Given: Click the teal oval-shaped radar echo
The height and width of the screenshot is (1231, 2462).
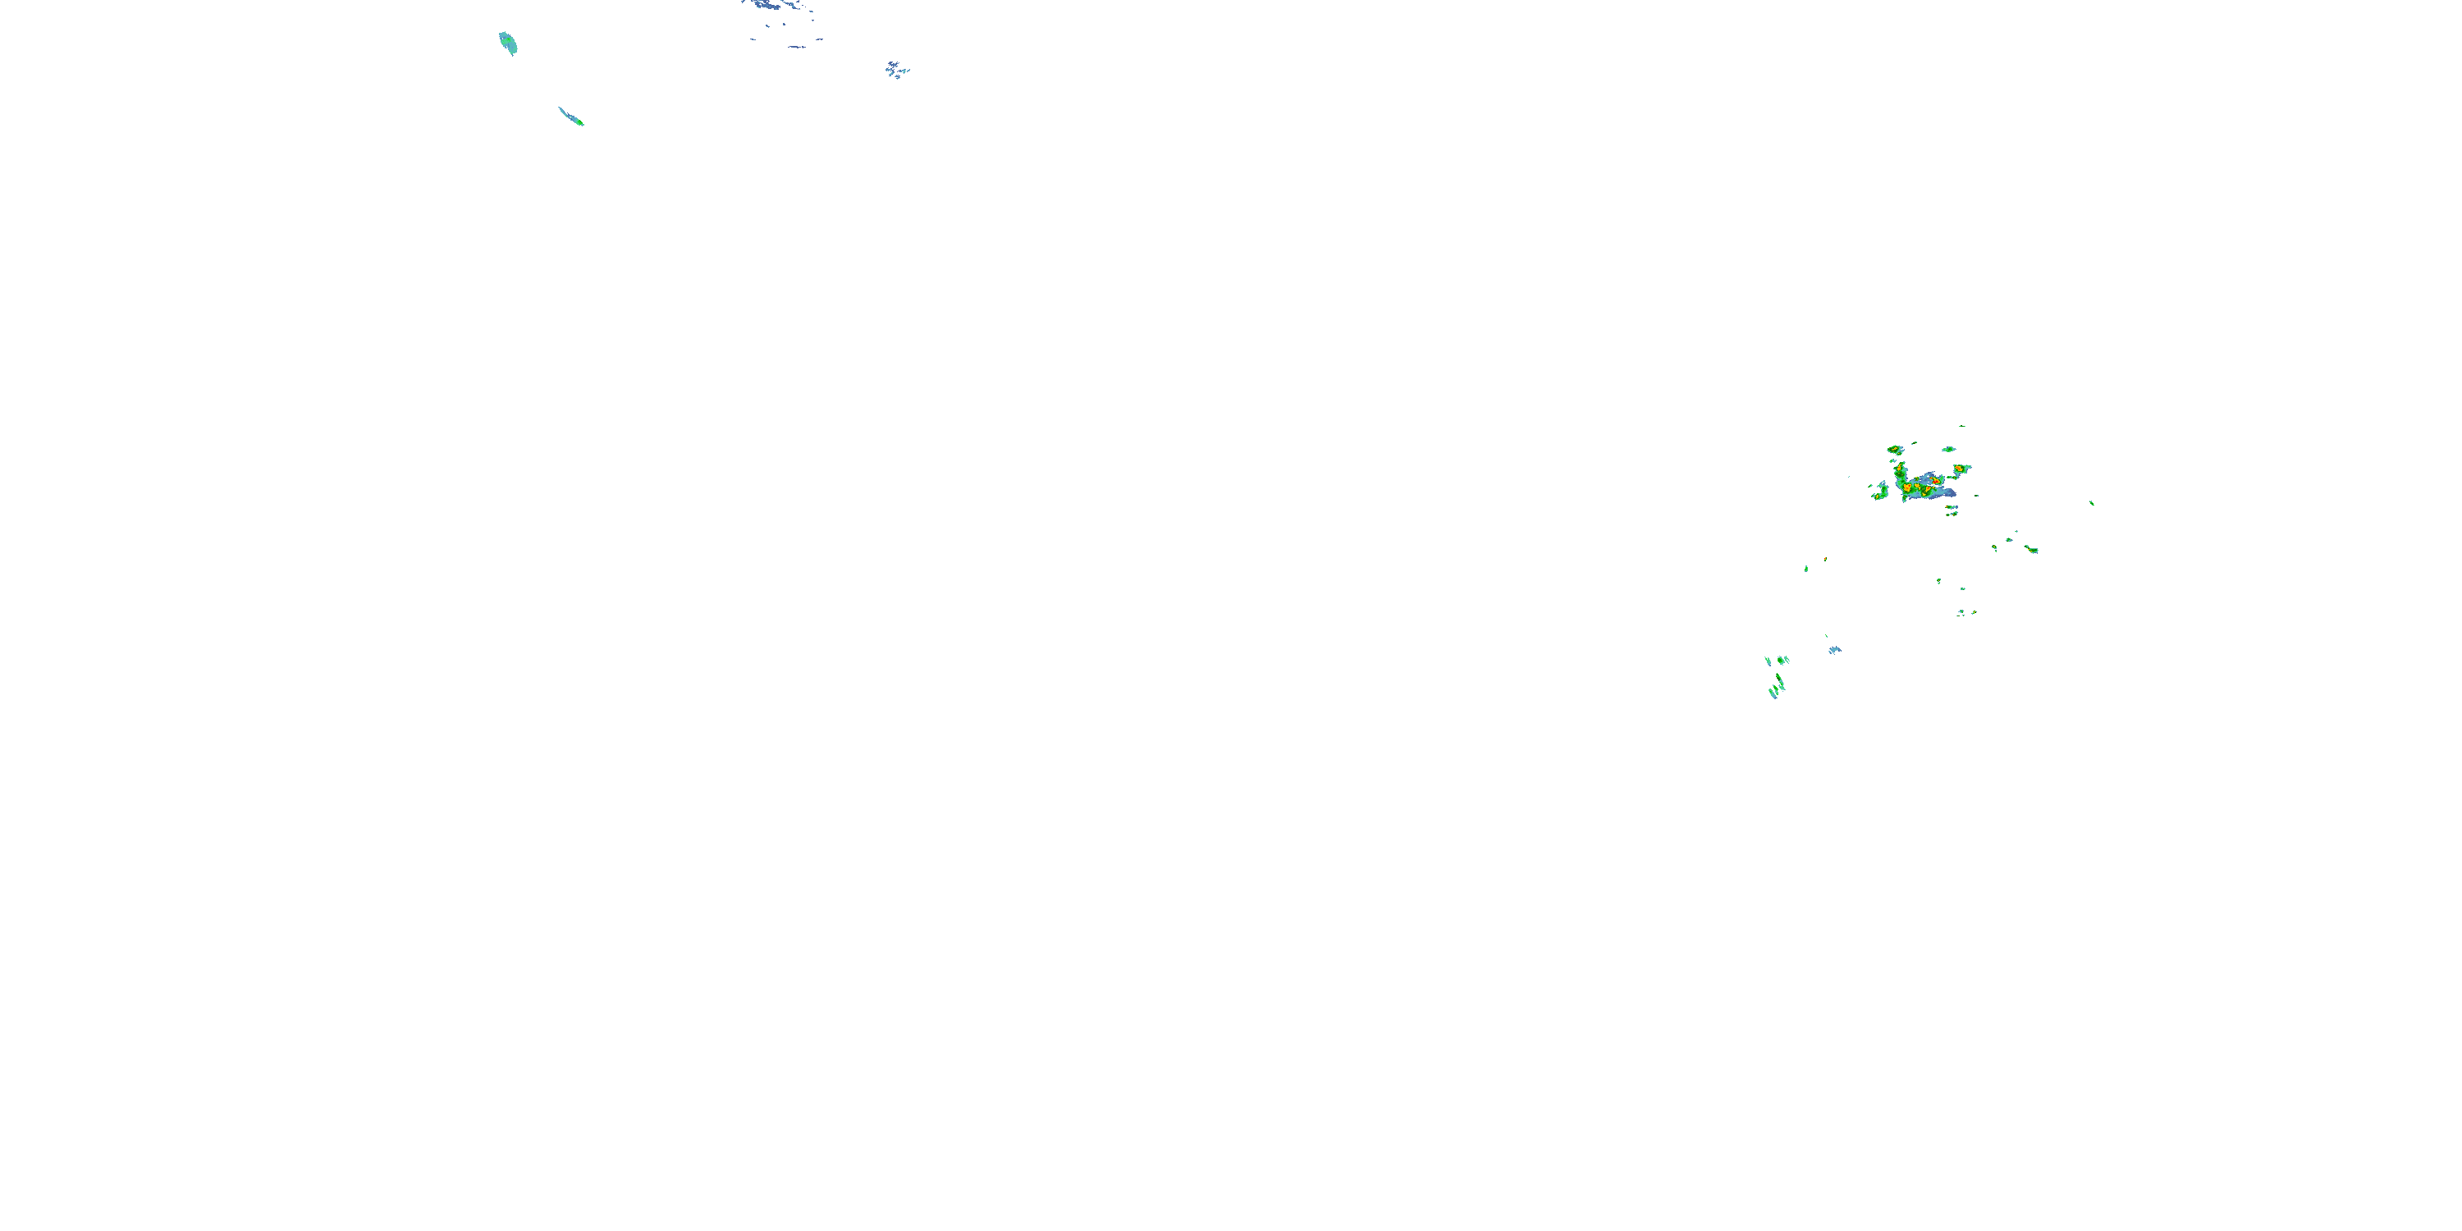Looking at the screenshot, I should (507, 43).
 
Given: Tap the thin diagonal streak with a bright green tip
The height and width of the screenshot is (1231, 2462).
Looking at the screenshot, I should (571, 117).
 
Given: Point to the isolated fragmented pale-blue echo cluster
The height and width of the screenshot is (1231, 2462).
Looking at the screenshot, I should (896, 69).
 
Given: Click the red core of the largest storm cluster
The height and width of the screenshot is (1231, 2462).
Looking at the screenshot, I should (1934, 483).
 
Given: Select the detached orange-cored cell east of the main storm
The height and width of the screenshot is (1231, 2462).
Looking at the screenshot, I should (1959, 469).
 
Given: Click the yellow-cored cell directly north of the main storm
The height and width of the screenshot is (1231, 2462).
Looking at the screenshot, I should (1894, 449).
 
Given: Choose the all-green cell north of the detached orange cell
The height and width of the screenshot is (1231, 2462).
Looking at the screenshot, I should (1949, 449).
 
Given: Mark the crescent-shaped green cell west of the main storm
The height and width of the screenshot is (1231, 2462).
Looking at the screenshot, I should (1883, 492).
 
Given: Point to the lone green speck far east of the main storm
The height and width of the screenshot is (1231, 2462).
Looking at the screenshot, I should (2091, 503).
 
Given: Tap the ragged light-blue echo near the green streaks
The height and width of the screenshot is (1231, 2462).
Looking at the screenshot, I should (1834, 650).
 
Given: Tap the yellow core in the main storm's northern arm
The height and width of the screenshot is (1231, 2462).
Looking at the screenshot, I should (1899, 469).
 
